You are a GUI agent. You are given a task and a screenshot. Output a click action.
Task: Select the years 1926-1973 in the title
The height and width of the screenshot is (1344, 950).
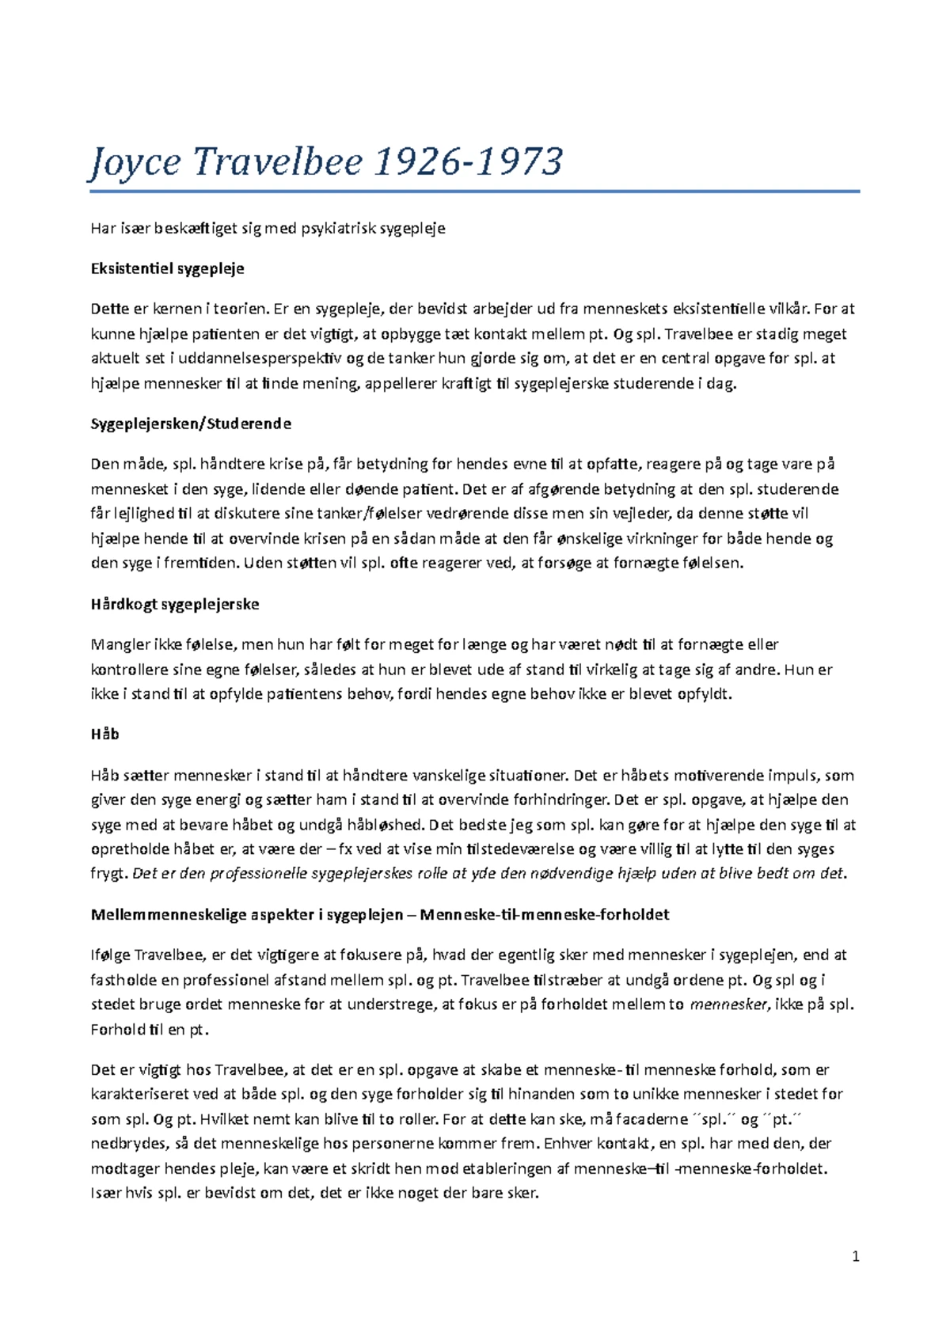(x=467, y=162)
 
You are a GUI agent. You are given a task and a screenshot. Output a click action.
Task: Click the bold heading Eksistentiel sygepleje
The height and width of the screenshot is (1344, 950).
(x=168, y=268)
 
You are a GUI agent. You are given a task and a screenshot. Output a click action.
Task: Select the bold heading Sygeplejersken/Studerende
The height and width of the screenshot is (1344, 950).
(x=191, y=423)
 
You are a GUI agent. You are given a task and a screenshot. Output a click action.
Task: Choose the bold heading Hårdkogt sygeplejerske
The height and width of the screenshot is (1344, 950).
(x=175, y=605)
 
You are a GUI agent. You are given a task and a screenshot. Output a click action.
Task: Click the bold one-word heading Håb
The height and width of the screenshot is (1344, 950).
(x=104, y=735)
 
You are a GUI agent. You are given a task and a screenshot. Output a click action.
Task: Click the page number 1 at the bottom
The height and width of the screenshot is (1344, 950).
(x=856, y=1257)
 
